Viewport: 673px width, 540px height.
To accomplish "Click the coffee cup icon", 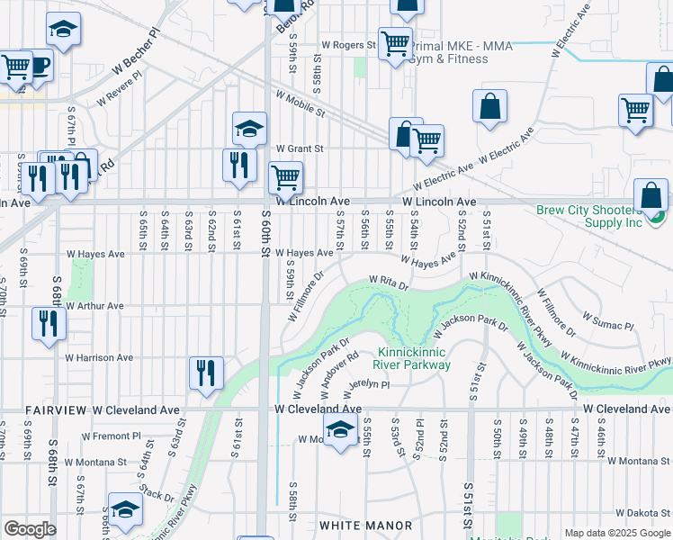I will click(x=39, y=66).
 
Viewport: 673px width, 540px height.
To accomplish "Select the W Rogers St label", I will click(x=343, y=45).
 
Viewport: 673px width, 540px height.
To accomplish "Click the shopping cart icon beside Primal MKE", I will click(x=395, y=44).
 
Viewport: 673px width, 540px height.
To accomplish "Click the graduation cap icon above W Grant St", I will click(x=249, y=128).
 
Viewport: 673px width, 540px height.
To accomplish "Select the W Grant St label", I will click(x=299, y=148).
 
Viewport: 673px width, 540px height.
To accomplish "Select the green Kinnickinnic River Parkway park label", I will click(x=414, y=358).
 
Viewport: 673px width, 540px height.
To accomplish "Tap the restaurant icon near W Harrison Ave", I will click(x=207, y=373).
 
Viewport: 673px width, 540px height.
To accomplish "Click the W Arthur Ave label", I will click(x=95, y=306).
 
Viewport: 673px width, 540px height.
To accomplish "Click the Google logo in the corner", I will click(x=30, y=529).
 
